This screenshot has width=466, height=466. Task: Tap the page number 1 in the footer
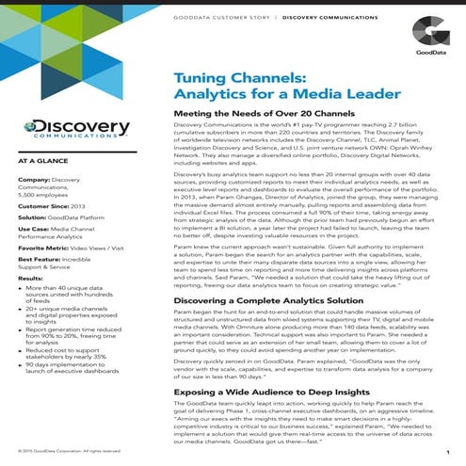tap(444, 453)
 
